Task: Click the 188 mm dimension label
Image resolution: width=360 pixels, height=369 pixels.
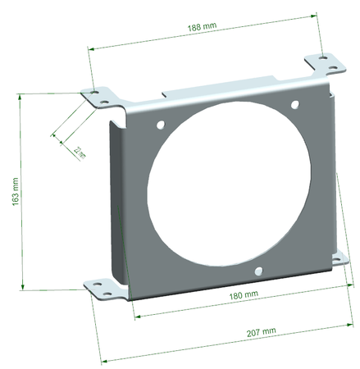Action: tap(202, 27)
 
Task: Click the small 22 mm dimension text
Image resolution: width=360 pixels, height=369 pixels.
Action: tap(79, 151)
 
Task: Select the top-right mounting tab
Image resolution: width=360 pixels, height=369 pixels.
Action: tap(323, 64)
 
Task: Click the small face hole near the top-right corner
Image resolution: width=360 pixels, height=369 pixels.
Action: tap(297, 104)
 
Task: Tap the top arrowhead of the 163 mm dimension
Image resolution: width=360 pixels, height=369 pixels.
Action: tap(19, 97)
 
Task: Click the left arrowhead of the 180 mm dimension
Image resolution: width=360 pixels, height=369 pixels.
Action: tap(136, 315)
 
